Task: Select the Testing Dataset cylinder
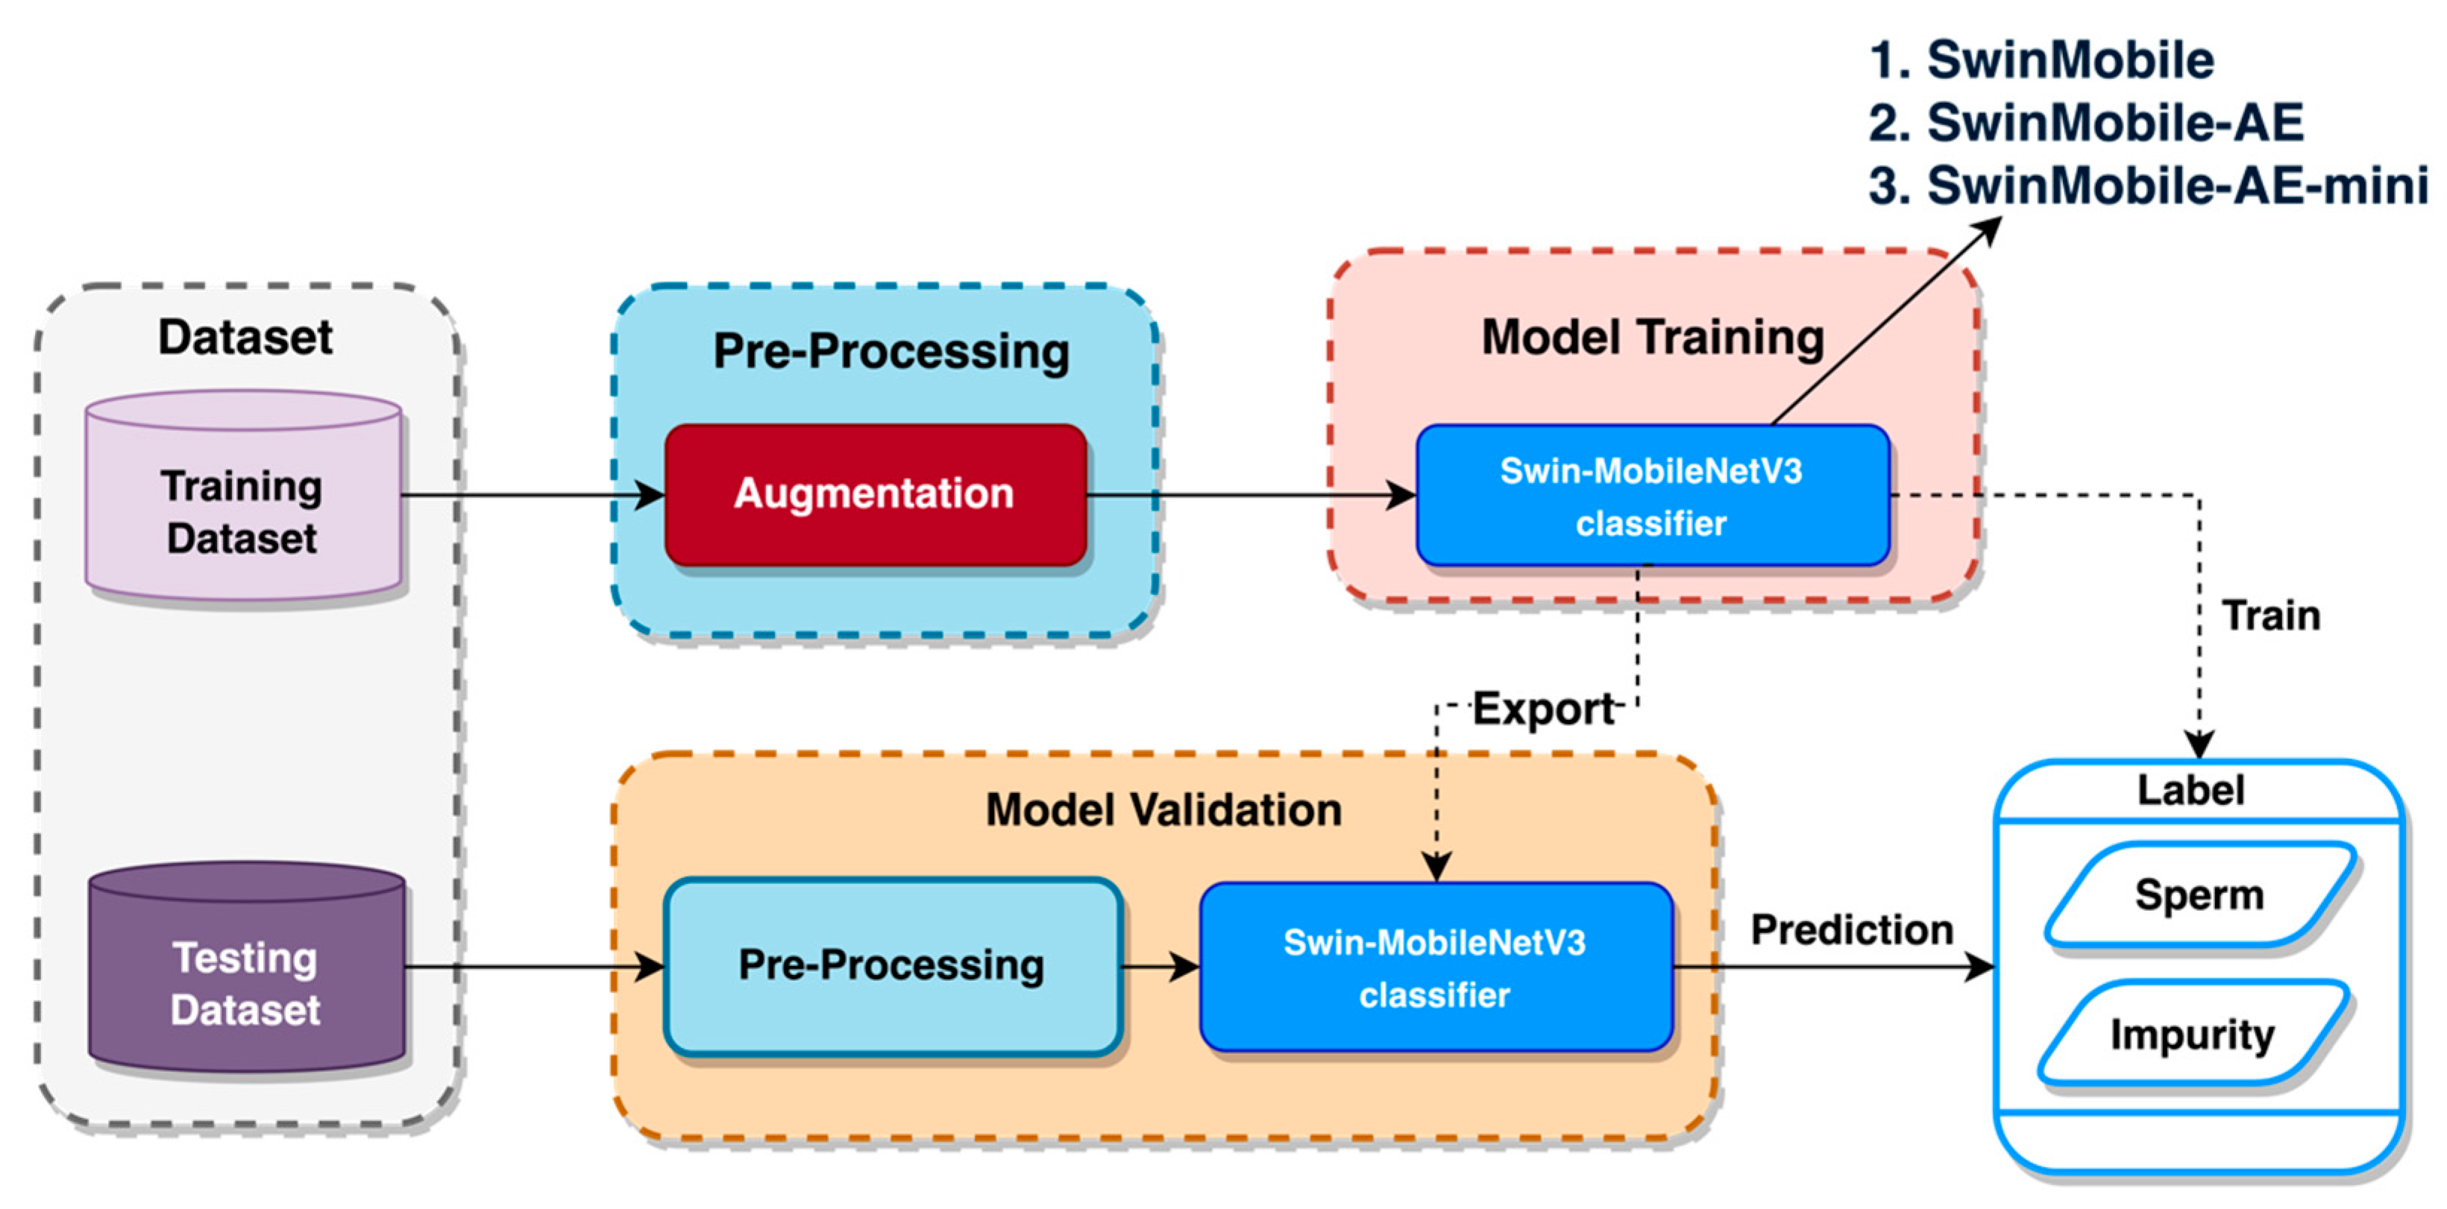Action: [246, 978]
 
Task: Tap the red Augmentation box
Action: [874, 495]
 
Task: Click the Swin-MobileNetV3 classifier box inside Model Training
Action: [1651, 496]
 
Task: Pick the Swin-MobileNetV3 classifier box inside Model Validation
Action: [1434, 967]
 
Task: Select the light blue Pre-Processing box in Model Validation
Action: [891, 966]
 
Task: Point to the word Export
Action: [1542, 710]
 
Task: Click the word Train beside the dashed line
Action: [2270, 616]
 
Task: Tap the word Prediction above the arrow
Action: [1851, 929]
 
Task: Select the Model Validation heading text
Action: [1163, 810]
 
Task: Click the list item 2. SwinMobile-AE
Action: [2085, 122]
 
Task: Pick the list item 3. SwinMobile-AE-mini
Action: [2147, 185]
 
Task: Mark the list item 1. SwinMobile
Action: [2041, 60]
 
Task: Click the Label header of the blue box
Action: [2190, 790]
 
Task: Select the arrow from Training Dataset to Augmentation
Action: [532, 495]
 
